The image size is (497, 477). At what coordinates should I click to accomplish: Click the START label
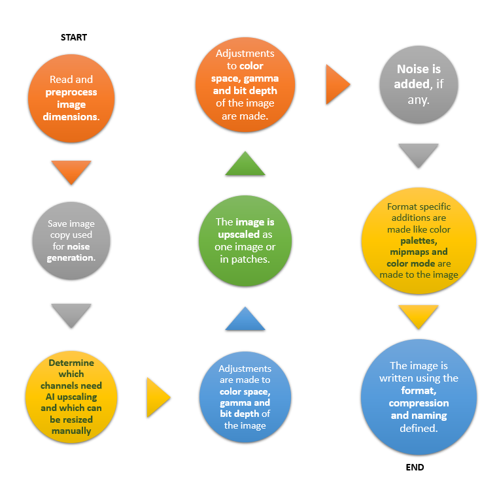click(74, 37)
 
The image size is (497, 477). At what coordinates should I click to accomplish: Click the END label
click(415, 467)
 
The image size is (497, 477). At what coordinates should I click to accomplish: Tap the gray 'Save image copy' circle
click(71, 240)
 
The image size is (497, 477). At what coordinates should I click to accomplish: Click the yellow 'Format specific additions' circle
click(419, 240)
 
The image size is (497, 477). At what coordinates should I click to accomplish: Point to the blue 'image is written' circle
click(418, 397)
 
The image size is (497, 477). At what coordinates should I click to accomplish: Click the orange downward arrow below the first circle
click(71, 172)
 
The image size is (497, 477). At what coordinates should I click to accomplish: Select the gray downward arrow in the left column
click(71, 316)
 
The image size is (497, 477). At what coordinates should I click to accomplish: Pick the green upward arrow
click(245, 165)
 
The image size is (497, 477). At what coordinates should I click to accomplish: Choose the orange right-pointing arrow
click(337, 84)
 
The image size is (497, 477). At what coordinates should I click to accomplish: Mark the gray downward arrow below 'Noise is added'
click(419, 156)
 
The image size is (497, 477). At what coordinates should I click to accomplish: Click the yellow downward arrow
click(419, 316)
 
